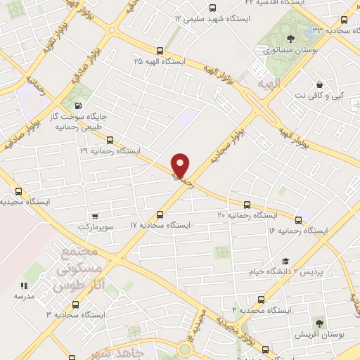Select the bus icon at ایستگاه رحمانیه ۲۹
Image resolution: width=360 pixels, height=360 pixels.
tap(108, 139)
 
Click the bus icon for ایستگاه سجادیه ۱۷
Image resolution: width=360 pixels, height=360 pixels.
tap(160, 214)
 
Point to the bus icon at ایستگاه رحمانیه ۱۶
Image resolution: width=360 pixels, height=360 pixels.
tap(299, 220)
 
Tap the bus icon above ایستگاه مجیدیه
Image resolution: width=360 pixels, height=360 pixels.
tap(18, 191)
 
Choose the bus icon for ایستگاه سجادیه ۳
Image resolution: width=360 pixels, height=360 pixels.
tap(75, 304)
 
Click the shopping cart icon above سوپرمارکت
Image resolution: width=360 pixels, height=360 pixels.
tap(95, 216)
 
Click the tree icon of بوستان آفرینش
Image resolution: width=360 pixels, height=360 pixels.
tap(320, 323)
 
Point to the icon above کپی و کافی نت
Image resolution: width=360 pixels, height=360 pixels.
tap(319, 83)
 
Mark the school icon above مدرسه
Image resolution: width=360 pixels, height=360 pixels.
tap(23, 285)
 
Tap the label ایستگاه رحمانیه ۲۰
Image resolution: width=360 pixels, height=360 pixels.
tap(248, 214)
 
